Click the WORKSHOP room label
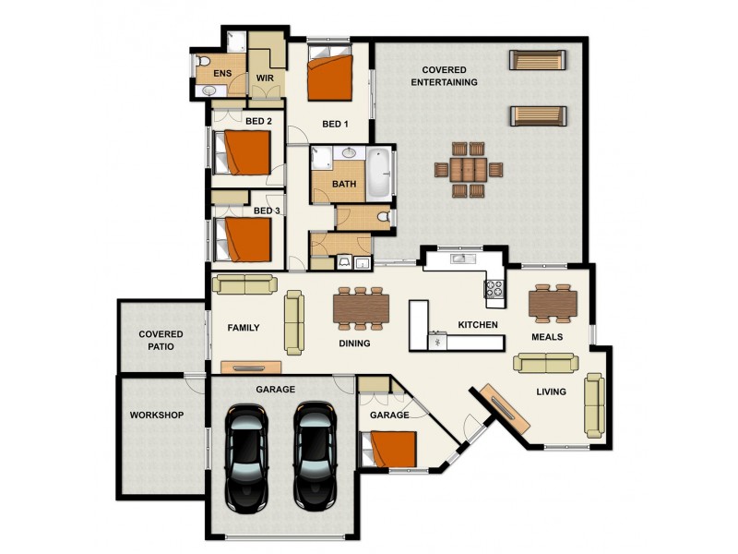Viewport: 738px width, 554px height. pyautogui.click(x=158, y=415)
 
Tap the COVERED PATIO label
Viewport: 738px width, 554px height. pyautogui.click(x=161, y=340)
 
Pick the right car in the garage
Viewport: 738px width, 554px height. pyautogui.click(x=315, y=456)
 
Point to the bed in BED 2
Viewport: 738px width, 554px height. pyautogui.click(x=244, y=152)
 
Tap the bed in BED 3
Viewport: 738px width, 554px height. pyautogui.click(x=244, y=239)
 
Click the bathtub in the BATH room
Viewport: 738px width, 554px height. pyautogui.click(x=379, y=173)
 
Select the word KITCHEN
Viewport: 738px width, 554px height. pyautogui.click(x=478, y=325)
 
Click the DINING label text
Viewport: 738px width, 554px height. pyautogui.click(x=354, y=343)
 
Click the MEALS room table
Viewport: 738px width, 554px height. pyautogui.click(x=553, y=302)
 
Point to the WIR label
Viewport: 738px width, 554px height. pyautogui.click(x=265, y=78)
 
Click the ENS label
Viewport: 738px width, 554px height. pyautogui.click(x=222, y=74)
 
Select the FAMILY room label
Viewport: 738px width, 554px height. pyautogui.click(x=244, y=328)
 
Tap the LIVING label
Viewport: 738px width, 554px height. pyautogui.click(x=552, y=392)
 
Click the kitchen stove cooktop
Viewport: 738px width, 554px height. pyautogui.click(x=494, y=291)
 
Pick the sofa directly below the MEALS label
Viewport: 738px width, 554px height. pyautogui.click(x=544, y=363)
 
